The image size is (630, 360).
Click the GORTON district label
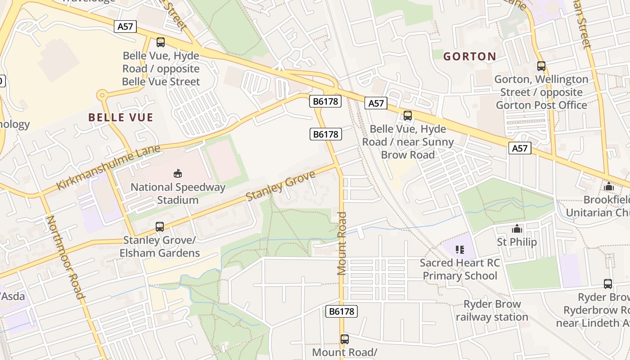tap(469, 57)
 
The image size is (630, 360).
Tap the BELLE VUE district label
tap(121, 118)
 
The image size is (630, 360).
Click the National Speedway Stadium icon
tap(178, 173)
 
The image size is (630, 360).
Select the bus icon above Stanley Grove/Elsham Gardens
tap(160, 227)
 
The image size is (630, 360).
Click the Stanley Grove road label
tap(281, 186)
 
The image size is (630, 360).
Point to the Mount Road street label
tap(342, 243)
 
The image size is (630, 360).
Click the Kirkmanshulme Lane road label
tap(108, 167)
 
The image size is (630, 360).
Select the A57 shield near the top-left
tap(125, 27)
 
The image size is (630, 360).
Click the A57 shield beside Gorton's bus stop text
tap(520, 148)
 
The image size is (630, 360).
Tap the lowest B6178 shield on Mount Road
tap(341, 311)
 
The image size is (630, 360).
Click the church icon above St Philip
tap(517, 229)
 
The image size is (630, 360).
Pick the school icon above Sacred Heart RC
tap(459, 249)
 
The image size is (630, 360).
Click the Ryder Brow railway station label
tap(492, 310)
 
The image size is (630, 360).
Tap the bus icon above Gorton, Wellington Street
tap(541, 66)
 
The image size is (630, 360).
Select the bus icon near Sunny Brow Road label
tap(408, 116)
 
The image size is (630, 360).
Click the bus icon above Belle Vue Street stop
tap(161, 42)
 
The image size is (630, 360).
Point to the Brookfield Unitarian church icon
tap(609, 186)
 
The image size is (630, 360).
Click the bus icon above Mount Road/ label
tap(345, 339)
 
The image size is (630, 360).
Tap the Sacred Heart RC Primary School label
tap(460, 269)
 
